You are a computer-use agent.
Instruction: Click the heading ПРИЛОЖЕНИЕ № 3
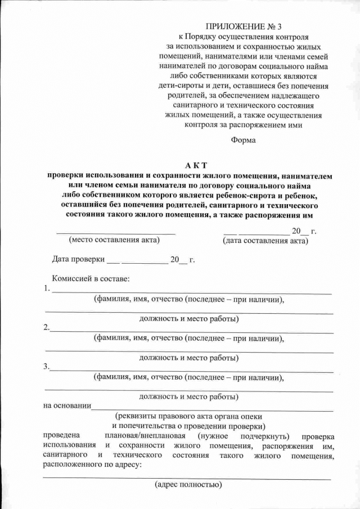[x=243, y=26]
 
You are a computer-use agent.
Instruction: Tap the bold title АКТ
[x=196, y=165]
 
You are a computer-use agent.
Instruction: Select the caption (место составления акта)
[x=114, y=240]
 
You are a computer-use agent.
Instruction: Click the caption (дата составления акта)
[x=265, y=241]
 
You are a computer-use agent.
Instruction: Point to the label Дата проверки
[x=78, y=260]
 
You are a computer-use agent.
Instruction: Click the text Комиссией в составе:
[x=91, y=278]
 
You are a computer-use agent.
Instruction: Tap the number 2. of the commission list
[x=47, y=328]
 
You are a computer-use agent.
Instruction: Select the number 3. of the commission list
[x=47, y=367]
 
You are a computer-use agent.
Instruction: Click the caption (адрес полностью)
[x=188, y=484]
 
